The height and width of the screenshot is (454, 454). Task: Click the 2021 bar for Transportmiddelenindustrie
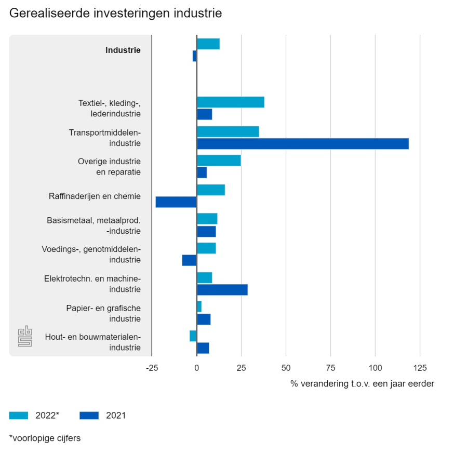[x=302, y=144]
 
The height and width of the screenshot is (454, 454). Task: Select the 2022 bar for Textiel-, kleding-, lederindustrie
[x=230, y=102]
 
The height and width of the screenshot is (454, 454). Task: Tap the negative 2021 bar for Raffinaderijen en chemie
[x=176, y=202]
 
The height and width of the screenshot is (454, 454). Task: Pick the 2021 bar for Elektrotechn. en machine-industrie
[x=222, y=289]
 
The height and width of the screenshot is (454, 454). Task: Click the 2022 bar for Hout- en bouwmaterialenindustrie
[x=193, y=336]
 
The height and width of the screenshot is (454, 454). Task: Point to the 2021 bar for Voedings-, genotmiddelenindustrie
[x=189, y=260]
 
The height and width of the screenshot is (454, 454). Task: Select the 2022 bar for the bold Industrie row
[x=208, y=44]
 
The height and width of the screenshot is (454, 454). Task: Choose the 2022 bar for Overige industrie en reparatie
[x=219, y=161]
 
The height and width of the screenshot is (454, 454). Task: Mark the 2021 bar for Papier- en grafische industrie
[x=204, y=319]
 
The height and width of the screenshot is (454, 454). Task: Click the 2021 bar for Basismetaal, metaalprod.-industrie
[x=206, y=231]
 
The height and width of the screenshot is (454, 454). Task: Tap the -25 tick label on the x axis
[x=152, y=368]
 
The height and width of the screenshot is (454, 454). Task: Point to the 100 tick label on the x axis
[x=375, y=368]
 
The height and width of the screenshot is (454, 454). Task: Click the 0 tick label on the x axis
[x=196, y=368]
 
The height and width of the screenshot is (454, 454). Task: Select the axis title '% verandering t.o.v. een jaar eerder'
[x=362, y=384]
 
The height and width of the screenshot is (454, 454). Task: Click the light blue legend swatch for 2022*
[x=19, y=415]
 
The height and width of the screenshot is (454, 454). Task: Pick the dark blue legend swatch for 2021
[x=89, y=415]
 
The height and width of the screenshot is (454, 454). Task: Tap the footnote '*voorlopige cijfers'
[x=45, y=438]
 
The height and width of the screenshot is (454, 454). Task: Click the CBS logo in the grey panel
[x=25, y=336]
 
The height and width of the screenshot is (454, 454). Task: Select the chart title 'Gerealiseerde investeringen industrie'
[x=115, y=14]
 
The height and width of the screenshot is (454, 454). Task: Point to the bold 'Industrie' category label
[x=123, y=50]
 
